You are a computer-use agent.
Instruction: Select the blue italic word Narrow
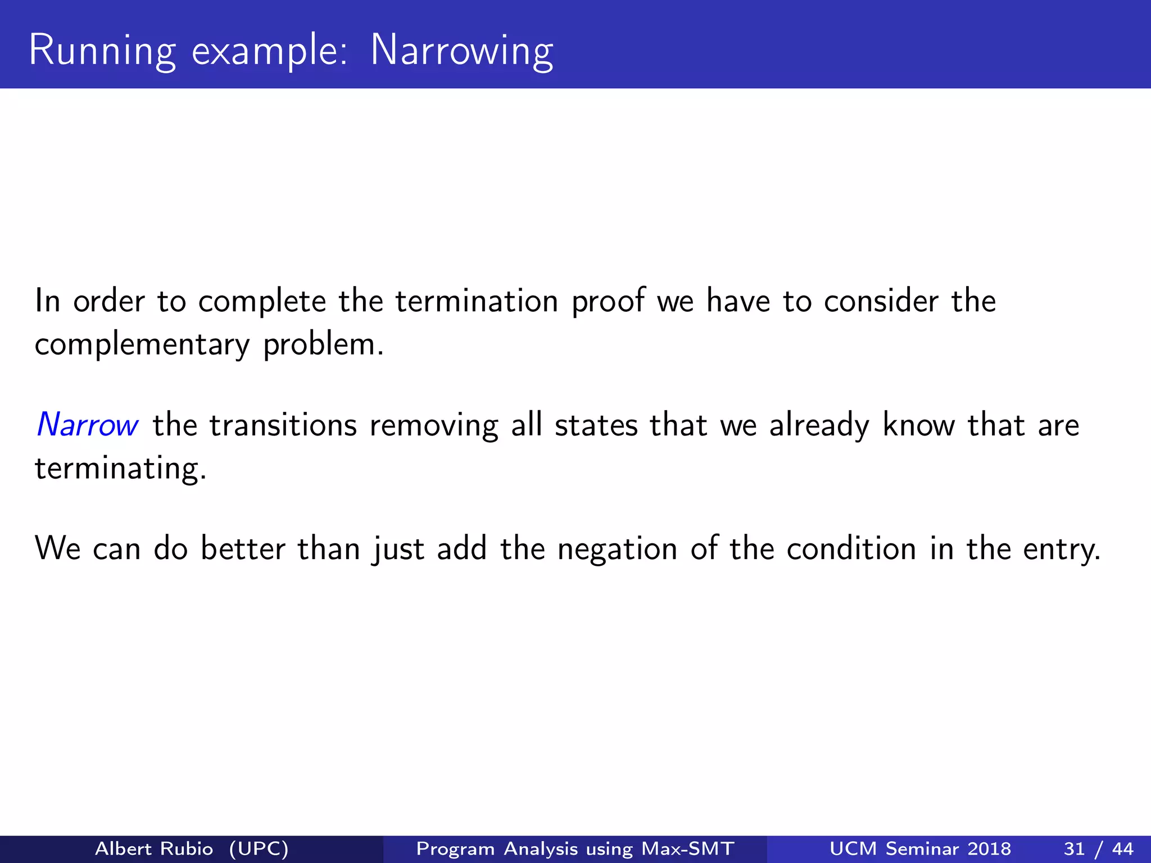[x=87, y=425]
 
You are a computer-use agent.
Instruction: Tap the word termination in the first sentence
[x=477, y=301]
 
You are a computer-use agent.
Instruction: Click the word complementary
[x=142, y=345]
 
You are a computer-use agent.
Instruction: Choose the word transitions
[x=283, y=425]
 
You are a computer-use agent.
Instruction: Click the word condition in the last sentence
[x=851, y=549]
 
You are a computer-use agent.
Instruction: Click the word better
[x=243, y=549]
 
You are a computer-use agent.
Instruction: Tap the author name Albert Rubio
[x=154, y=848]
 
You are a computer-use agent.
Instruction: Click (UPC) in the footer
[x=259, y=848]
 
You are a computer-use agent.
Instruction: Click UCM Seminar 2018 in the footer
[x=920, y=848]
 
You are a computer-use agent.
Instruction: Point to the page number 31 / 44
[x=1098, y=848]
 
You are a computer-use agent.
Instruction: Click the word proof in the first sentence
[x=608, y=302]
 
